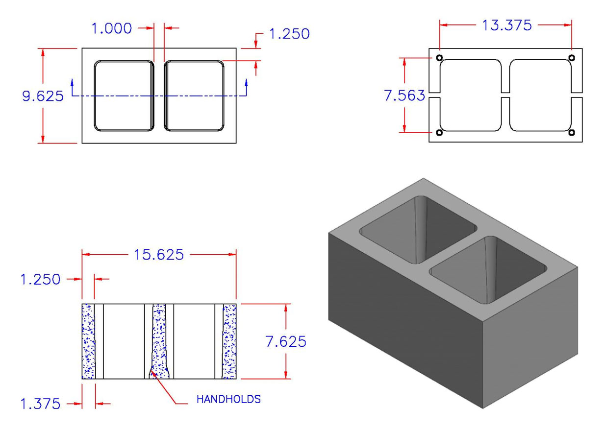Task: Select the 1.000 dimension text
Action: [112, 28]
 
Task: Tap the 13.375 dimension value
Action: [505, 25]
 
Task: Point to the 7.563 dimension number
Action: [404, 96]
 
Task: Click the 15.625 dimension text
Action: [159, 255]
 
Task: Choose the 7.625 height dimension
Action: [286, 341]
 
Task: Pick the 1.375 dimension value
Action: [40, 404]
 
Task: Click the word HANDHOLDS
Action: [228, 399]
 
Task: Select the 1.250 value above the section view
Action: [40, 279]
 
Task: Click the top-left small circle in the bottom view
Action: [439, 58]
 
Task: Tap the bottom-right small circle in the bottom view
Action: [572, 133]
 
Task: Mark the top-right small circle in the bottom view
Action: [572, 58]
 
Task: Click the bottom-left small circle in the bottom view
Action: [439, 133]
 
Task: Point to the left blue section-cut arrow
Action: [73, 87]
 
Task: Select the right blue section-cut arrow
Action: [246, 87]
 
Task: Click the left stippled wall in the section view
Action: [88, 341]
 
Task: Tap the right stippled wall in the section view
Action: [230, 341]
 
